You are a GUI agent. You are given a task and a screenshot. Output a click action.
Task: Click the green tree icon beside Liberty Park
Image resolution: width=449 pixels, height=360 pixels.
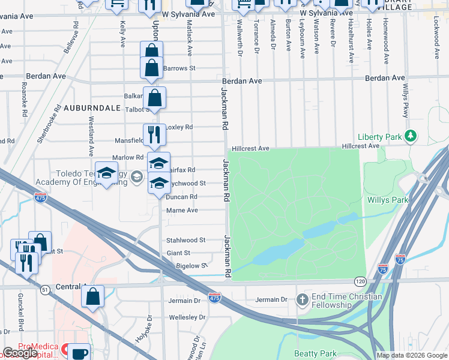(411, 137)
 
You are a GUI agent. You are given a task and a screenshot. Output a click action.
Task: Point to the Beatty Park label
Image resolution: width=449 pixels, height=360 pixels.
(315, 354)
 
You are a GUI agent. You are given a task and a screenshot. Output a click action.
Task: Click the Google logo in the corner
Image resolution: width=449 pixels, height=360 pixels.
(20, 353)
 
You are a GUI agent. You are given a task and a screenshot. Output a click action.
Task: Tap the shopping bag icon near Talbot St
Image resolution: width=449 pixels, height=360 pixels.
(154, 97)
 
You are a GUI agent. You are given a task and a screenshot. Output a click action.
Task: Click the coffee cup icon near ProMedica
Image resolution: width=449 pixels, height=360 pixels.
(79, 353)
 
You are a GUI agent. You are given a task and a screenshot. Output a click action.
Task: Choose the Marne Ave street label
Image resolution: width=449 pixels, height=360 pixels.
(183, 211)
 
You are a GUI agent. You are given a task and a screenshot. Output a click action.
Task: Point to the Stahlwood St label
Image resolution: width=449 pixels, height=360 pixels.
(185, 239)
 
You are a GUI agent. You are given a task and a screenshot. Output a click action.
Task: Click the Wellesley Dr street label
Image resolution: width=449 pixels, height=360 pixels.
(187, 317)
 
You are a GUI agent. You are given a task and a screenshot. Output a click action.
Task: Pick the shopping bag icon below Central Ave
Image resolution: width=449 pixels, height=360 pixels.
(92, 296)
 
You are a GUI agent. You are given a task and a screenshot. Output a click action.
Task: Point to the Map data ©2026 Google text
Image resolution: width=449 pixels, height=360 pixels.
(411, 355)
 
